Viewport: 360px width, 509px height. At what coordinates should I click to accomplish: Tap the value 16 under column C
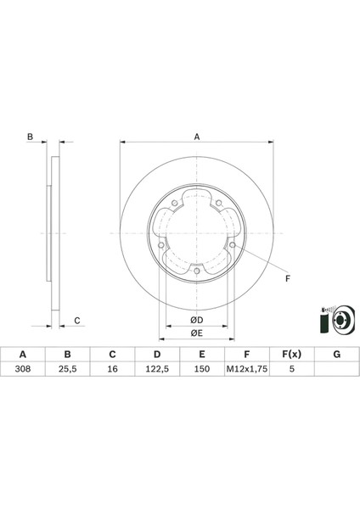point(112,370)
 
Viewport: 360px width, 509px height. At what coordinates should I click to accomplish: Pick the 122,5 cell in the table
point(157,370)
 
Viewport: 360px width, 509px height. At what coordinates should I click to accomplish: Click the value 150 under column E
point(201,370)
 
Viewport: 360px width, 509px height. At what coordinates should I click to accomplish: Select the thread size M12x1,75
point(246,370)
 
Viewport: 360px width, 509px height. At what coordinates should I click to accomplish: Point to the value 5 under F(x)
point(291,370)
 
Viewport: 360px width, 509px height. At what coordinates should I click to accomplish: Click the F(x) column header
point(291,355)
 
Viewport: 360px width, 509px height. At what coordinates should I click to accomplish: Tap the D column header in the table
point(157,355)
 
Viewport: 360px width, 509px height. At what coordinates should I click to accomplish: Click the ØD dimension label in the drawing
point(196,320)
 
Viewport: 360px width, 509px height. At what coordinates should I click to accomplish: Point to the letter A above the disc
point(196,136)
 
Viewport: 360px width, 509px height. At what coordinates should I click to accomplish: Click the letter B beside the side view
point(29,137)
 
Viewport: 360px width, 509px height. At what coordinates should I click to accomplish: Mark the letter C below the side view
point(76,320)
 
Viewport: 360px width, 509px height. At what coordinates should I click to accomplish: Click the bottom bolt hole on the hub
point(197,271)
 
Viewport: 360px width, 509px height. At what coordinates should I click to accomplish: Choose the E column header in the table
point(201,355)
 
